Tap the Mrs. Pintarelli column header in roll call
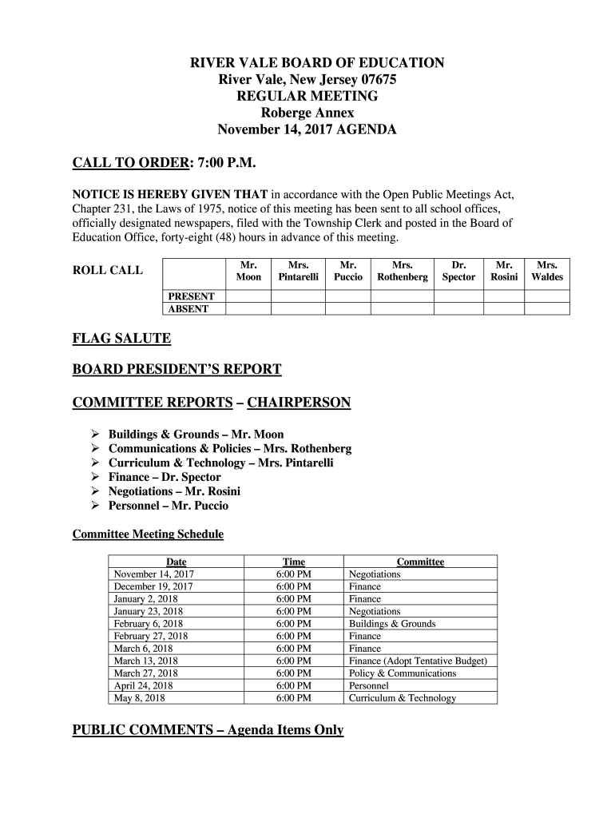(x=298, y=270)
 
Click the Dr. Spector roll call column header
(x=458, y=270)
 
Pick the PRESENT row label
(x=190, y=296)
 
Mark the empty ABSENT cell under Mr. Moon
(x=248, y=309)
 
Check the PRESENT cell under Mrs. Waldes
(x=547, y=296)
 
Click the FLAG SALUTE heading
(x=121, y=339)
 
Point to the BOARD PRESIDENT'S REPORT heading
(x=177, y=369)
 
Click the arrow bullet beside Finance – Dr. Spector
(x=93, y=478)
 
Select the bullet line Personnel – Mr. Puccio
(x=168, y=506)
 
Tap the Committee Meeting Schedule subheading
(x=148, y=534)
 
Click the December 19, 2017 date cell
(x=153, y=586)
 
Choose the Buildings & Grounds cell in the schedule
(x=392, y=624)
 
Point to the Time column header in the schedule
(x=293, y=562)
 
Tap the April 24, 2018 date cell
(x=143, y=685)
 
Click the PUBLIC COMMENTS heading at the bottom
(x=208, y=730)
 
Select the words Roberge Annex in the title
(x=307, y=113)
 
